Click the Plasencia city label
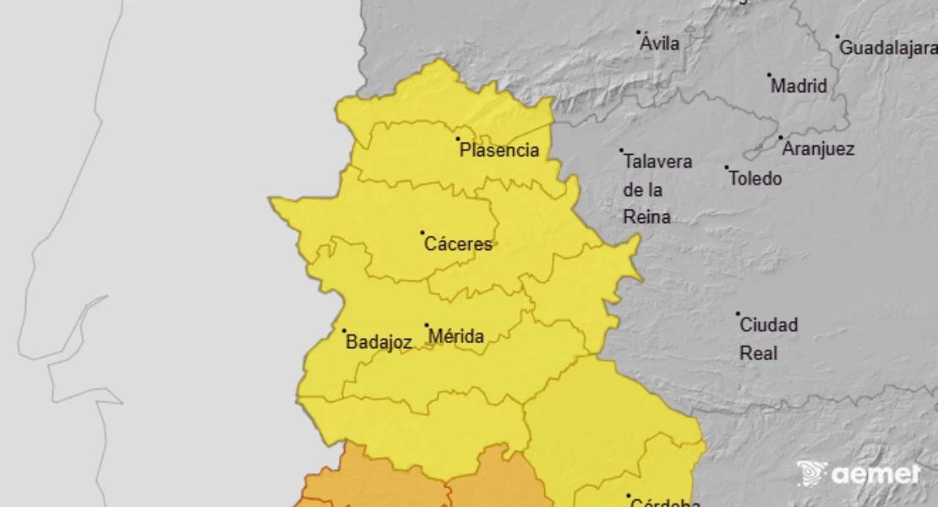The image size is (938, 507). pos(499,150)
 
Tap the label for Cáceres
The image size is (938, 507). pos(458,244)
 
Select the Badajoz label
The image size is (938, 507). pos(379,342)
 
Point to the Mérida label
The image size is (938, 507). pos(456,337)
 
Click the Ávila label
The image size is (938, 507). pos(660,43)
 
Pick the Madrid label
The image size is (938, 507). pos(799,86)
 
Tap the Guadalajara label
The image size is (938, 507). pos(887,48)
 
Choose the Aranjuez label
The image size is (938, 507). pos(818,150)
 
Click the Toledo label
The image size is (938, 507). pos(755,178)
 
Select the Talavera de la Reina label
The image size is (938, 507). pos(657,189)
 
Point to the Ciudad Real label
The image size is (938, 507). pos(768,338)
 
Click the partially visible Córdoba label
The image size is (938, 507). pos(665,503)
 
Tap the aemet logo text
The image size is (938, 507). pos(875,474)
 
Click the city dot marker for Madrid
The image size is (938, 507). pos(769,74)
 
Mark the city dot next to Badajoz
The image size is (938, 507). pos(344,330)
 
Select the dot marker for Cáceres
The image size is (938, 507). pos(423,232)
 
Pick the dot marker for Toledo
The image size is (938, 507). pos(726,167)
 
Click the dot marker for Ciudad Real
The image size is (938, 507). pos(738,313)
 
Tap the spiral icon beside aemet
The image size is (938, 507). pos(812,473)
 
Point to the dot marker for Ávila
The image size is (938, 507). pos(638,32)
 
